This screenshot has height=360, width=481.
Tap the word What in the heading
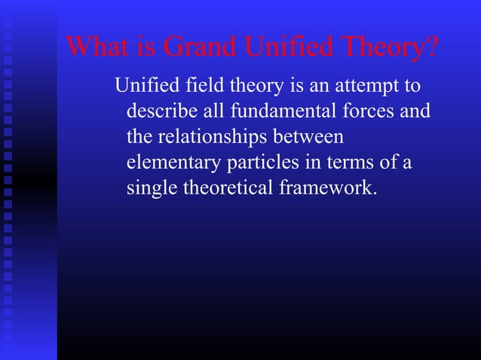tap(94, 47)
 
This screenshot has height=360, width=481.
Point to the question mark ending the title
tap(431, 47)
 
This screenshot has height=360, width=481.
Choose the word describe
tap(164, 112)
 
